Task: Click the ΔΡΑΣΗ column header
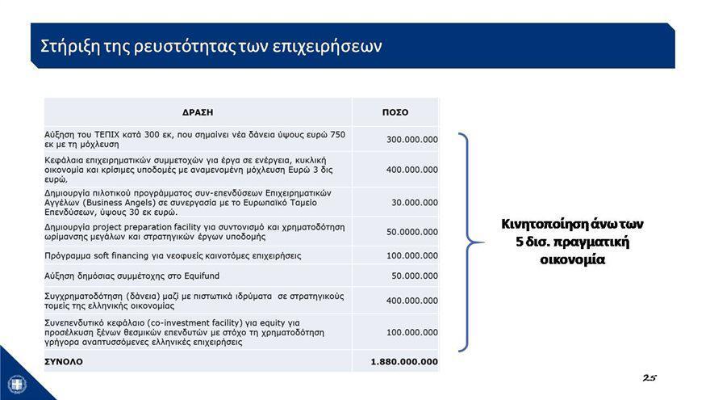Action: coord(198,112)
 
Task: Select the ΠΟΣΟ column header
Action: coord(395,112)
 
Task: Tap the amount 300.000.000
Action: coord(412,140)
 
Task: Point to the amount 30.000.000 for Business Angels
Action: coord(415,202)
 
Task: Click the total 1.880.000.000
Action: coord(404,361)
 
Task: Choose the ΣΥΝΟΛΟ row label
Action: coord(64,361)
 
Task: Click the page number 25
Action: coord(649,377)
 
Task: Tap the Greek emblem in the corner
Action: coord(17,383)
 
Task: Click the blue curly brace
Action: coord(470,242)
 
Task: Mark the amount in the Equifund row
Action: coord(415,276)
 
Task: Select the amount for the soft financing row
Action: coord(412,255)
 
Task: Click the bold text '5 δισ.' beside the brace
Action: coord(534,242)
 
